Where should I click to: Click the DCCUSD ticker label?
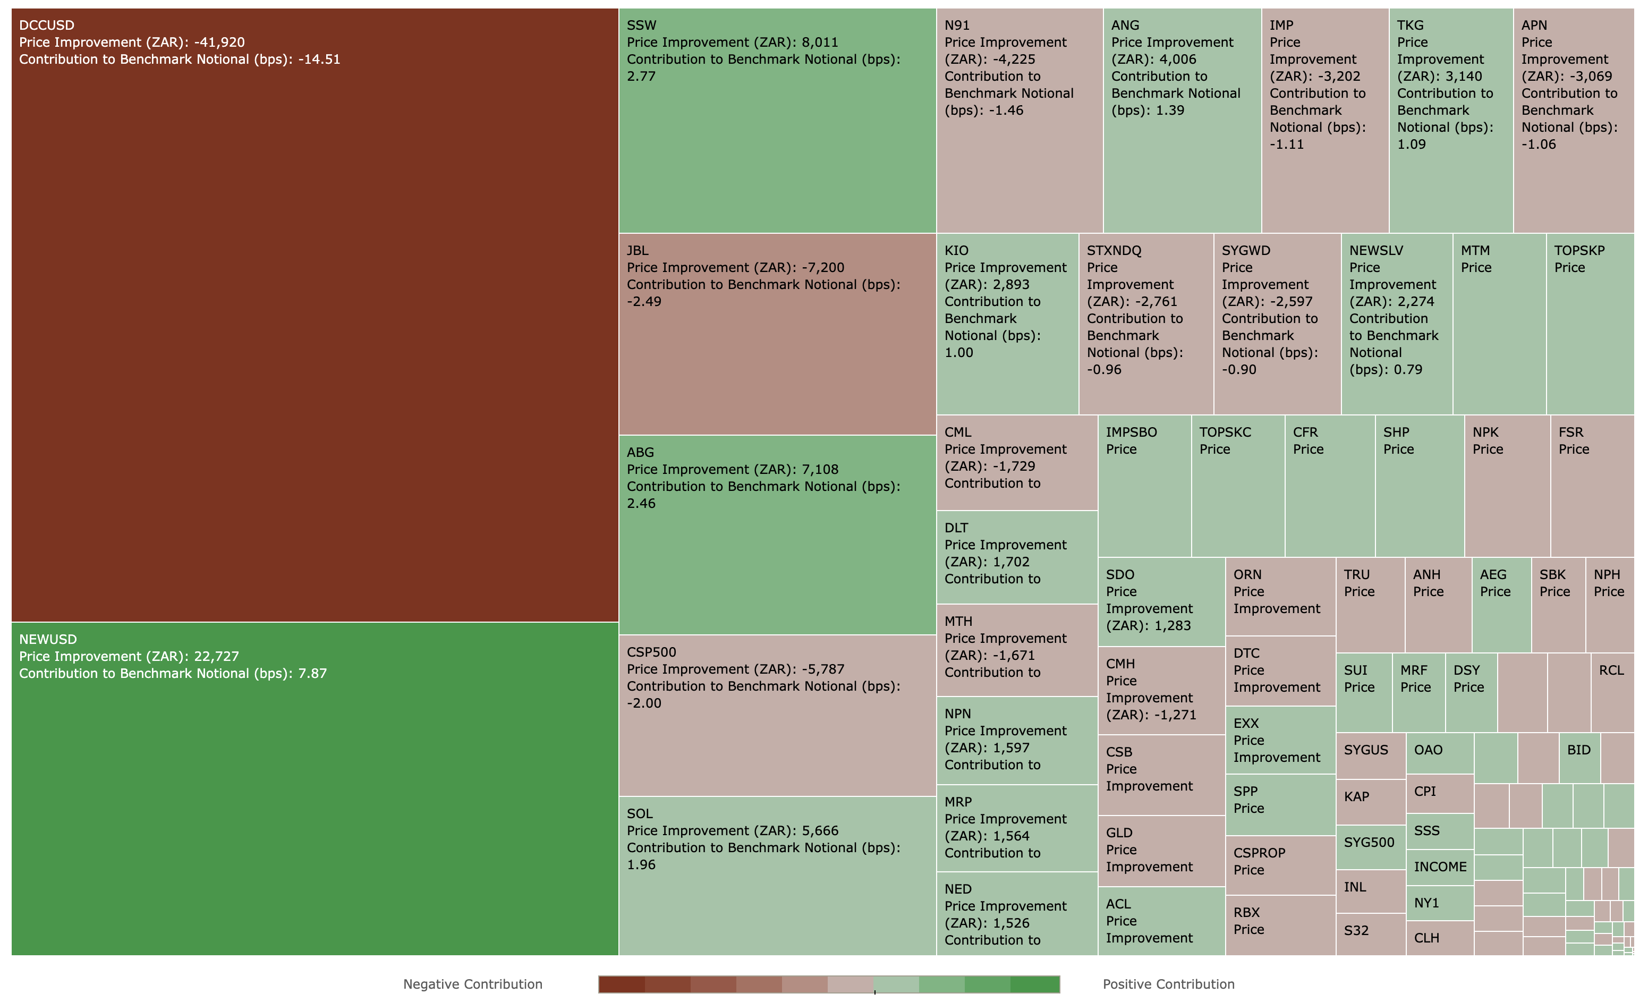coord(46,26)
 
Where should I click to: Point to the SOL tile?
coord(777,903)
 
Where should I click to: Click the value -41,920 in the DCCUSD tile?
coord(219,42)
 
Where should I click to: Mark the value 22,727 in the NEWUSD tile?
coord(216,656)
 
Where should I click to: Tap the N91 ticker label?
coord(956,26)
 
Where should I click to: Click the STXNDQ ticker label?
coord(1114,251)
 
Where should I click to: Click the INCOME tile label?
coord(1439,867)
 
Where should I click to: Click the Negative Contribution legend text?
coord(472,984)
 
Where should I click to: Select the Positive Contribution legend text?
coord(1168,984)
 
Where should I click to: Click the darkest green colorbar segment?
coord(1035,984)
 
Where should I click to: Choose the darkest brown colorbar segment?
coord(622,984)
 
